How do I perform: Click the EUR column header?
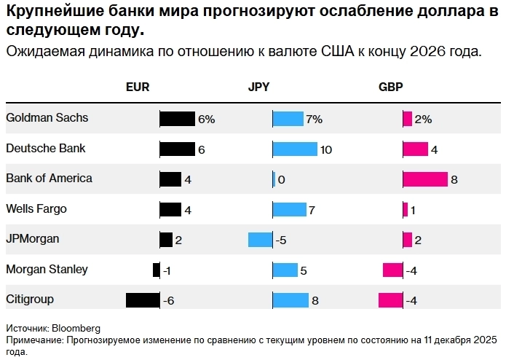coord(138,86)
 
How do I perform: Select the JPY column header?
coord(258,86)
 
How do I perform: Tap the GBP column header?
coord(390,86)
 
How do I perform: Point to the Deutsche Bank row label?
coord(45,148)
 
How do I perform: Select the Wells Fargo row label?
coord(36,208)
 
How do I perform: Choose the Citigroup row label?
coord(30,299)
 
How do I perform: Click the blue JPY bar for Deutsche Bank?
coord(295,149)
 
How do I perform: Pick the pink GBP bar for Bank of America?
coord(425,179)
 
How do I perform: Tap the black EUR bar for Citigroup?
coord(143,300)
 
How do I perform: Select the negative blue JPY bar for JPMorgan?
coord(260,239)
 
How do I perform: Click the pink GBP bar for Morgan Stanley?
coord(392,270)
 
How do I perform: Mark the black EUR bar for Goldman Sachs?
coord(177,119)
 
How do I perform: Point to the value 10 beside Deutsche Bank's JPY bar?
coord(326,149)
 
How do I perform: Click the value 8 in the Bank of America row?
coord(454,179)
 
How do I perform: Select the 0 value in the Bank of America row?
coord(281,179)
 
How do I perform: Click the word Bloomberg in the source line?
coord(76,329)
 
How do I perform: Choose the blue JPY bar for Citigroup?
coord(290,300)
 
